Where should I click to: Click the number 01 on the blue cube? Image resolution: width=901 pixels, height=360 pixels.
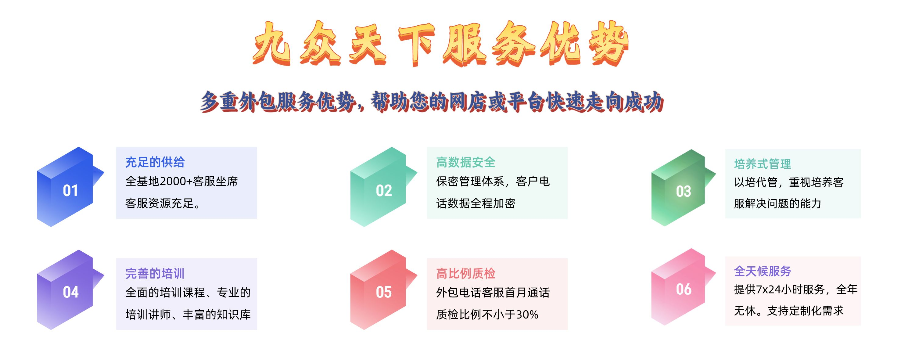pyautogui.click(x=70, y=191)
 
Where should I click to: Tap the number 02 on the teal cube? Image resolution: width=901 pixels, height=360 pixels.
pyautogui.click(x=384, y=191)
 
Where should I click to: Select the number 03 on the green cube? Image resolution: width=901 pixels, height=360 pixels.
pyautogui.click(x=684, y=191)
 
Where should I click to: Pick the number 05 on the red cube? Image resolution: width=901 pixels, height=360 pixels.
pyautogui.click(x=384, y=292)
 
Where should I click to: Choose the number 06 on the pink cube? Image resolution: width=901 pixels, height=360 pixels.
pyautogui.click(x=684, y=289)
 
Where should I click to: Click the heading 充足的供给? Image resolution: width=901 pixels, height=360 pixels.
pyautogui.click(x=155, y=162)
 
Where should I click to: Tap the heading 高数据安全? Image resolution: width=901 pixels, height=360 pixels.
pyautogui.click(x=466, y=162)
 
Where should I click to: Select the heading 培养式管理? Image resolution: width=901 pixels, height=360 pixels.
pyautogui.click(x=763, y=164)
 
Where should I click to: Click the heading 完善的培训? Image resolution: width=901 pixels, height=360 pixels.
pyautogui.click(x=155, y=273)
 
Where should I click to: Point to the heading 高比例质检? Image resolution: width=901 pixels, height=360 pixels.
pyautogui.click(x=466, y=273)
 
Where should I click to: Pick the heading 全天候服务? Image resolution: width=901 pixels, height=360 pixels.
pyautogui.click(x=763, y=271)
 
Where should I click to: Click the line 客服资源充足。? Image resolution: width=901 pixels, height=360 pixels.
pyautogui.click(x=163, y=203)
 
